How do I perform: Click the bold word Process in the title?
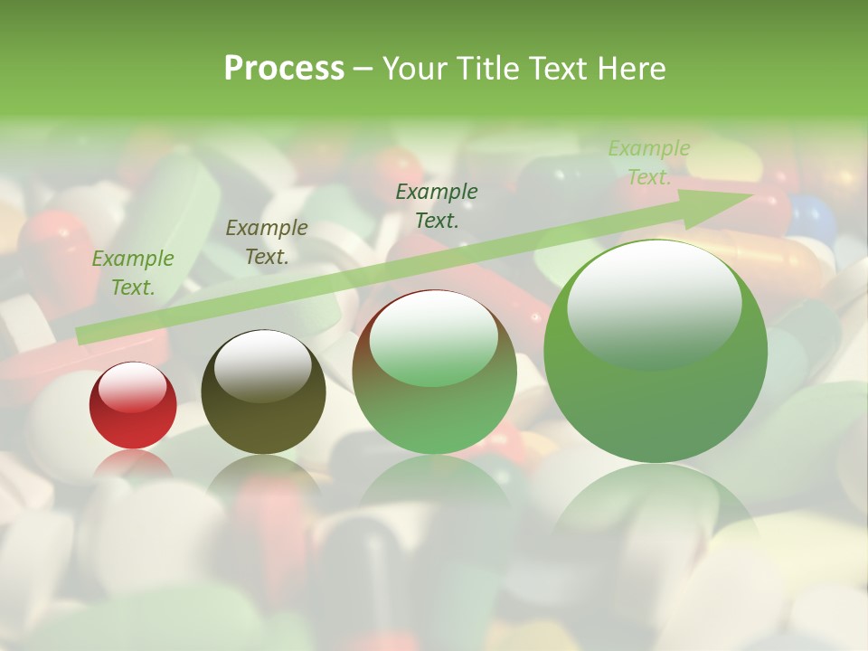pyautogui.click(x=284, y=68)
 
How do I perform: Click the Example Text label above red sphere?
pyautogui.click(x=133, y=273)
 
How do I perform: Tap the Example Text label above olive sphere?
pyautogui.click(x=267, y=242)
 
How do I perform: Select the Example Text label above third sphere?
pyautogui.click(x=437, y=206)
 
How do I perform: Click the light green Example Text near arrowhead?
pyautogui.click(x=649, y=163)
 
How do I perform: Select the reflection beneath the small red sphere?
pyautogui.click(x=133, y=463)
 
